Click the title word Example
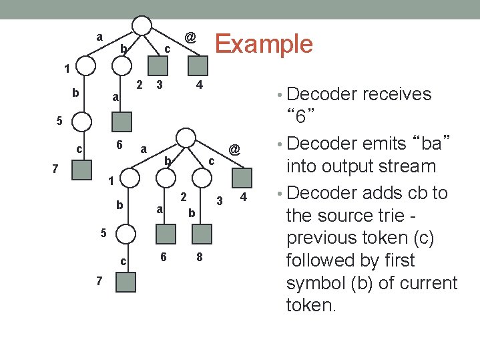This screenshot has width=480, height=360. [264, 43]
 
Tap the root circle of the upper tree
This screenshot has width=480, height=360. [142, 25]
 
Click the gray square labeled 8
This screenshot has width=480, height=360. [202, 234]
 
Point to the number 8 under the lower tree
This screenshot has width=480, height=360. [199, 258]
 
